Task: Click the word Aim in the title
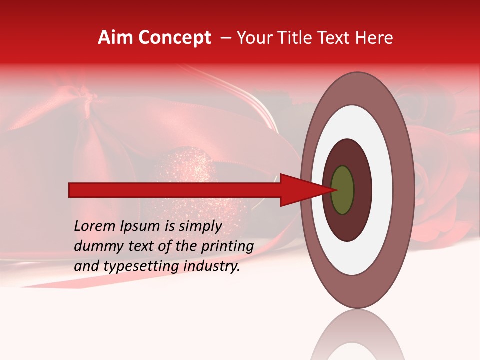coord(115,38)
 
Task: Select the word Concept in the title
coord(174,38)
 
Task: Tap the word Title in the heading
coord(295,38)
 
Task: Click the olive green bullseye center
coord(342,190)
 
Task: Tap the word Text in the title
coord(338,38)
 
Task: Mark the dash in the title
coord(225,38)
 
